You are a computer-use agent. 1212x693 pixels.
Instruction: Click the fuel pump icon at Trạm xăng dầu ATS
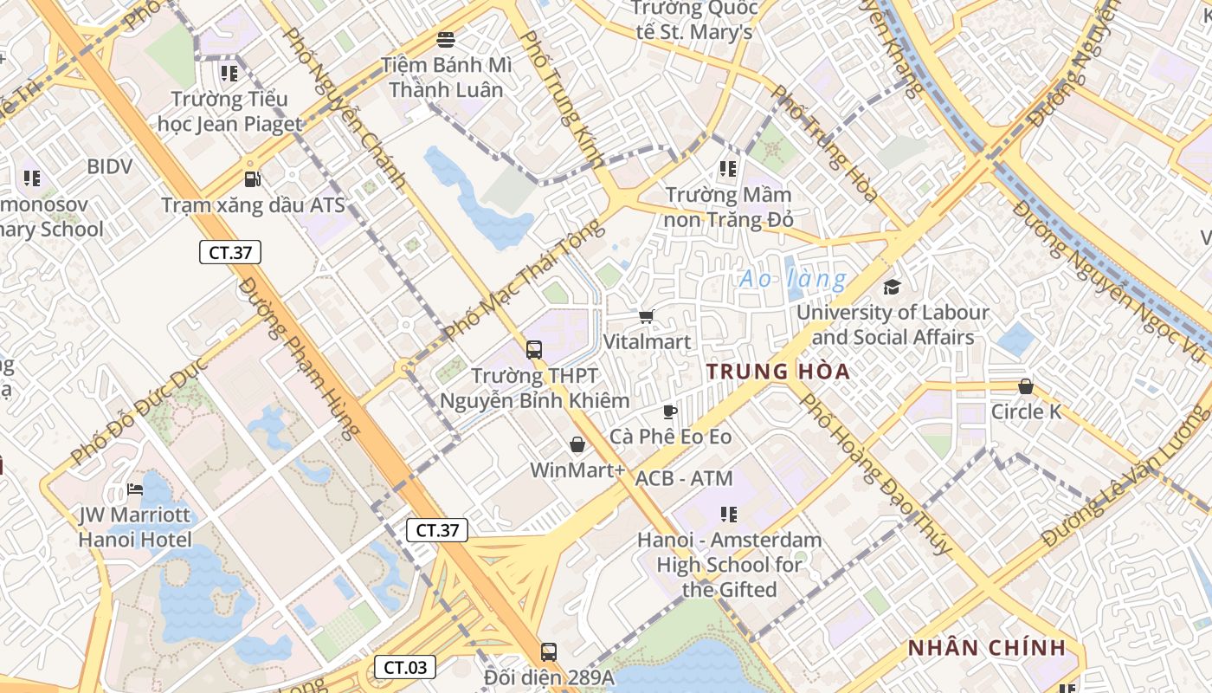[252, 179]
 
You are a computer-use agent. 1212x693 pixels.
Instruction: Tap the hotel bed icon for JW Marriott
[134, 489]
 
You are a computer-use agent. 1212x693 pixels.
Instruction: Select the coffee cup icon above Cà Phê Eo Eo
[669, 411]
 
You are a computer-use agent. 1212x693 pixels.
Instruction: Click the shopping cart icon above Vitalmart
[646, 317]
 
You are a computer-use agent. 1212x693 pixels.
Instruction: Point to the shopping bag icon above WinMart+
[577, 445]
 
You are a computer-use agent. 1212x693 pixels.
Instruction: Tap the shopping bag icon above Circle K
[1026, 386]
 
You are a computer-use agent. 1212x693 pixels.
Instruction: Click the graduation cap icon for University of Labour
[892, 288]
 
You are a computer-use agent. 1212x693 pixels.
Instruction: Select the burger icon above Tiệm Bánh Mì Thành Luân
[446, 40]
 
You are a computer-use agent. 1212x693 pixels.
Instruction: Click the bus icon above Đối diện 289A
[548, 651]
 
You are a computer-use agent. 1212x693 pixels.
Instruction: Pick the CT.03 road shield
[405, 667]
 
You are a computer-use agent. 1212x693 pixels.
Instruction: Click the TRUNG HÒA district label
[777, 372]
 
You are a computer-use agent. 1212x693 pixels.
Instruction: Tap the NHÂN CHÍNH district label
[986, 648]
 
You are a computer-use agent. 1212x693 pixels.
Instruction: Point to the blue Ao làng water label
[793, 279]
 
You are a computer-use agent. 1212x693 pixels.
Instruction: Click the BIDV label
[109, 166]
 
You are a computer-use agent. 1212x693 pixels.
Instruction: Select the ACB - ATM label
[684, 478]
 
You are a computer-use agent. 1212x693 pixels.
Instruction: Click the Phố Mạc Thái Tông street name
[523, 279]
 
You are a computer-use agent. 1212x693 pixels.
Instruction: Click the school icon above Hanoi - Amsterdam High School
[729, 515]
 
